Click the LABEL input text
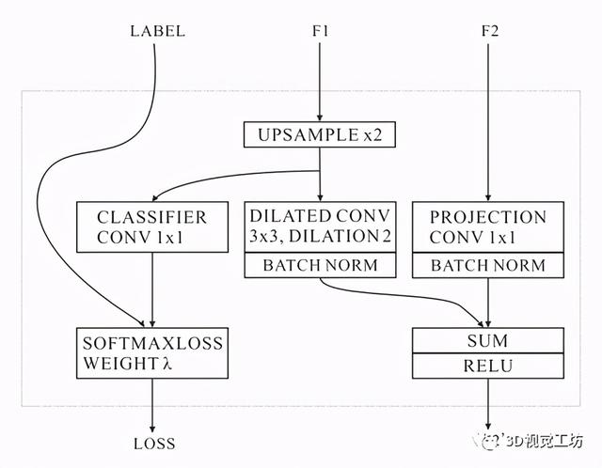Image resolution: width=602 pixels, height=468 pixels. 156,31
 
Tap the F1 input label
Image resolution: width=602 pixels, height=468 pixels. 320,31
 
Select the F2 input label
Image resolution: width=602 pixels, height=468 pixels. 487,31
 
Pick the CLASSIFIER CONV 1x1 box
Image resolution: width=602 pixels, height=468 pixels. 151,226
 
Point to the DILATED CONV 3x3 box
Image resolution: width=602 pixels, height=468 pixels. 320,226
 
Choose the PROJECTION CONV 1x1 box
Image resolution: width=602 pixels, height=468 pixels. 487,226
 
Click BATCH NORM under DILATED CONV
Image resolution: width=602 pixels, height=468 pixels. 320,265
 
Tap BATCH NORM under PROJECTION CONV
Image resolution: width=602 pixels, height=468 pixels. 487,265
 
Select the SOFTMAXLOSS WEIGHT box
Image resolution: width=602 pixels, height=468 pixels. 151,352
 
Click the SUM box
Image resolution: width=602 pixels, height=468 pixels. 487,339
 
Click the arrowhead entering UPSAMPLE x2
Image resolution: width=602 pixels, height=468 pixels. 320,117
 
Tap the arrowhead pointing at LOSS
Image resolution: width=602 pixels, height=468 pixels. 151,427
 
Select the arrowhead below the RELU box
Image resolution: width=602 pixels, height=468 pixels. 487,427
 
